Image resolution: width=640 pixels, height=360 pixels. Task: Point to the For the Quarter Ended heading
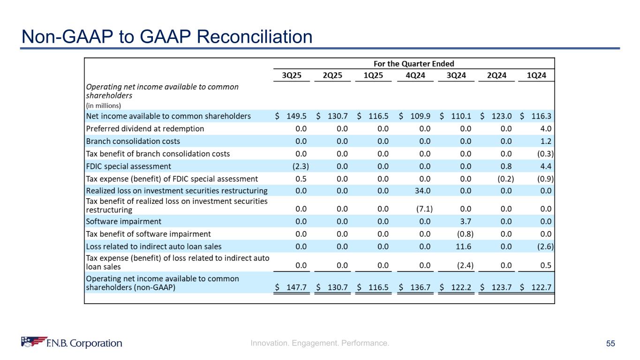point(414,64)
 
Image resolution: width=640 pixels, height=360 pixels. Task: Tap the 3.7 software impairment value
point(467,221)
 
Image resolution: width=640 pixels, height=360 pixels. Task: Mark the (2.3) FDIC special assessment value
point(300,166)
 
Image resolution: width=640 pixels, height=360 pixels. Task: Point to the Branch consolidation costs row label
point(133,141)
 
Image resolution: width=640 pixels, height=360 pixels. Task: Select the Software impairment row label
point(123,221)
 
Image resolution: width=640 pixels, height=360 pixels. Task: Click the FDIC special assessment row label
point(128,166)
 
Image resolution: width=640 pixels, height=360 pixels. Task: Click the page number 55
point(610,344)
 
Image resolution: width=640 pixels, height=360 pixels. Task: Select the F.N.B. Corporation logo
point(72,343)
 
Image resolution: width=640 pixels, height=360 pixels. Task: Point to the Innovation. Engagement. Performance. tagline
point(320,344)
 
